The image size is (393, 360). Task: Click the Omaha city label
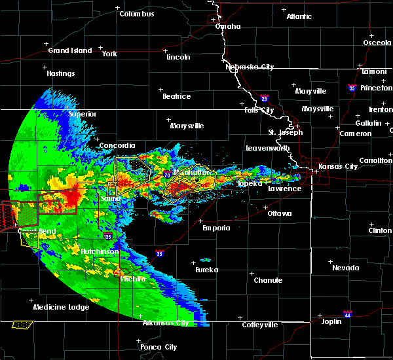(228, 27)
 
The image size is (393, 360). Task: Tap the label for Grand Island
(67, 50)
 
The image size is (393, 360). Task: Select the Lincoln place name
(178, 57)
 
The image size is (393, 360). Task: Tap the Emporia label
(216, 228)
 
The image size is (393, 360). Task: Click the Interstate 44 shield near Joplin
(348, 314)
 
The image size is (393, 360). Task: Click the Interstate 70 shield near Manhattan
(168, 175)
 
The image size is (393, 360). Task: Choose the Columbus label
(137, 14)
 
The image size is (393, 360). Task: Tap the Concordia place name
(117, 145)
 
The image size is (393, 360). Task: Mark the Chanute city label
(268, 280)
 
